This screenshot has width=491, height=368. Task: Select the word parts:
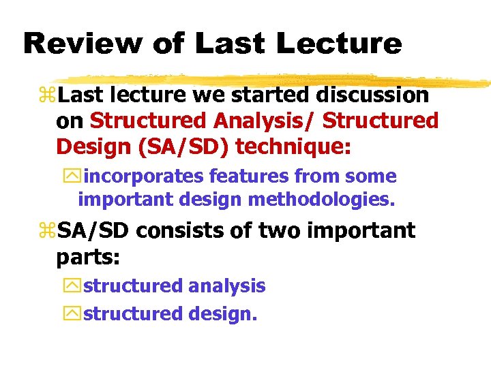pyautogui.click(x=87, y=257)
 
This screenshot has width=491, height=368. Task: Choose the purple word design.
pyautogui.click(x=219, y=314)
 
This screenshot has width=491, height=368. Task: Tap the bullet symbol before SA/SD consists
pyautogui.click(x=49, y=232)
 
